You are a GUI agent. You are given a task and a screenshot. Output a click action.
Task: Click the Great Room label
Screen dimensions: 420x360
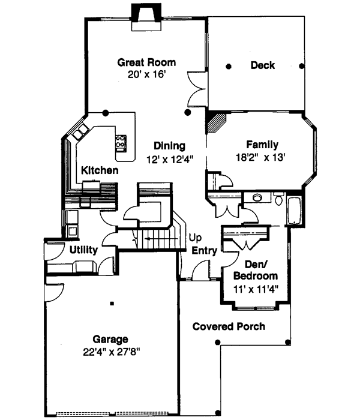point(146,62)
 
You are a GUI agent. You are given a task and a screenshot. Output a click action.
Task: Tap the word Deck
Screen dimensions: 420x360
point(262,65)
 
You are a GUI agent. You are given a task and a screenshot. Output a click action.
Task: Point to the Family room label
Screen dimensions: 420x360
point(262,145)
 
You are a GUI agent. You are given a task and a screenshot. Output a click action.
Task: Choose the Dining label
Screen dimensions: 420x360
point(169,146)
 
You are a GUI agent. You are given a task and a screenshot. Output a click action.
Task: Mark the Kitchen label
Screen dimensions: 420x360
point(100,171)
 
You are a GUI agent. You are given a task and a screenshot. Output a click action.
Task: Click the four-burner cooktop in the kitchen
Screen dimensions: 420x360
point(121,143)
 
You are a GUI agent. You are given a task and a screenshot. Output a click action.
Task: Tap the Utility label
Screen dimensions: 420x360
point(83,249)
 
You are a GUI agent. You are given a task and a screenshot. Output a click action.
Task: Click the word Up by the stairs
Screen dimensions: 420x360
point(195,238)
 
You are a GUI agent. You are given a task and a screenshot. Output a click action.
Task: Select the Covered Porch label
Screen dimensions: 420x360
point(229,326)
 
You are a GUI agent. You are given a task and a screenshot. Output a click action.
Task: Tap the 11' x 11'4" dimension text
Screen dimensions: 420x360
point(255,289)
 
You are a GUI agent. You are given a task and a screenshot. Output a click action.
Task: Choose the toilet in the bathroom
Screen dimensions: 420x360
point(278,199)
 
